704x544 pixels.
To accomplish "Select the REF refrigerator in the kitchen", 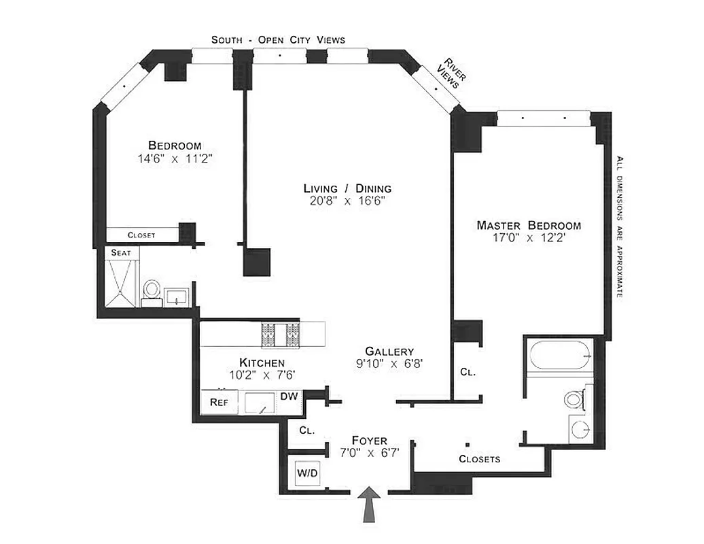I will click(x=219, y=402).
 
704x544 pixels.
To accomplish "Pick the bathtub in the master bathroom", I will click(x=557, y=354).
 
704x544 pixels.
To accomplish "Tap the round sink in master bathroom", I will click(x=580, y=430).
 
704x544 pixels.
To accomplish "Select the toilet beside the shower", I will click(x=152, y=290).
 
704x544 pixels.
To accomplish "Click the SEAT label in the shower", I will click(x=122, y=252).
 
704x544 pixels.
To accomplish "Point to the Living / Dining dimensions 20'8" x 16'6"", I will click(x=347, y=201).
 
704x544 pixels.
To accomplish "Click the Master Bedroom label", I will click(x=529, y=225).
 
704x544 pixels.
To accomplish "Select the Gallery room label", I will click(x=389, y=351).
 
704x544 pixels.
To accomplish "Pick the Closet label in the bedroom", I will click(x=141, y=235).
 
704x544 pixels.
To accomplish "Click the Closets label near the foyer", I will click(x=479, y=458).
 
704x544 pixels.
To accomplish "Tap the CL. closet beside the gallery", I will click(x=468, y=372).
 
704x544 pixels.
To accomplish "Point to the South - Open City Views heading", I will click(x=278, y=39).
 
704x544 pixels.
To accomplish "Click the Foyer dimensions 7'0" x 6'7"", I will click(x=369, y=453).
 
